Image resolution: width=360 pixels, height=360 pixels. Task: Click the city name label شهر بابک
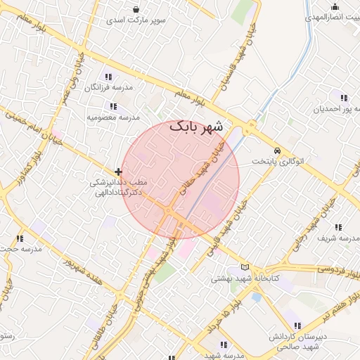[196, 127]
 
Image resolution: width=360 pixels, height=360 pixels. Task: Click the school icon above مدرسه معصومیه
[114, 105]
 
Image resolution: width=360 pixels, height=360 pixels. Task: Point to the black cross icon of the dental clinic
[118, 172]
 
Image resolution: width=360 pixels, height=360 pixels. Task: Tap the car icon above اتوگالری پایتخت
[278, 151]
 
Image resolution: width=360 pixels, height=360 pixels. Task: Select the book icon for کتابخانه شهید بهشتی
[245, 267]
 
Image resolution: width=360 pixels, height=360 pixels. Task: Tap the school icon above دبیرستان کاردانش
[296, 326]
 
